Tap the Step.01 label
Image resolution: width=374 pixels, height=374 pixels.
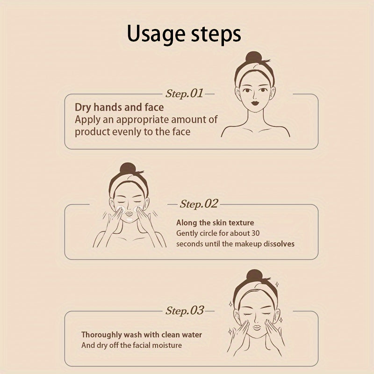(184, 93)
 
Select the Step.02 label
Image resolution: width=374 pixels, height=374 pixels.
(199, 204)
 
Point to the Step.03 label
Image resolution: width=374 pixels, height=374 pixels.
(185, 310)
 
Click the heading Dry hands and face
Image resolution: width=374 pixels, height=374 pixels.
(119, 108)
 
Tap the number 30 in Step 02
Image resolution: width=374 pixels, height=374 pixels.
(255, 233)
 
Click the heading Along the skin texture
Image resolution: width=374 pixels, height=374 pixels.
(215, 223)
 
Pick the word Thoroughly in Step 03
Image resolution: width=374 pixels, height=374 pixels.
(101, 335)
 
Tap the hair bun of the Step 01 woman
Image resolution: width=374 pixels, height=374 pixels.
(254, 57)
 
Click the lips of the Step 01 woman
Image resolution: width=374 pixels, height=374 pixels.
(255, 103)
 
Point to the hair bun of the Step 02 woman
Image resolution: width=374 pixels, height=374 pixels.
(128, 168)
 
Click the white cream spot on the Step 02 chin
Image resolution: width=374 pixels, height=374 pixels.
(129, 219)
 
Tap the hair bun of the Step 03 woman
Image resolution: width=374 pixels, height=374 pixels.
(254, 275)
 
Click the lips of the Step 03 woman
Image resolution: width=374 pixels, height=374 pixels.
(257, 327)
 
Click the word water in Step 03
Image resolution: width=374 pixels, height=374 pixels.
(192, 335)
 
